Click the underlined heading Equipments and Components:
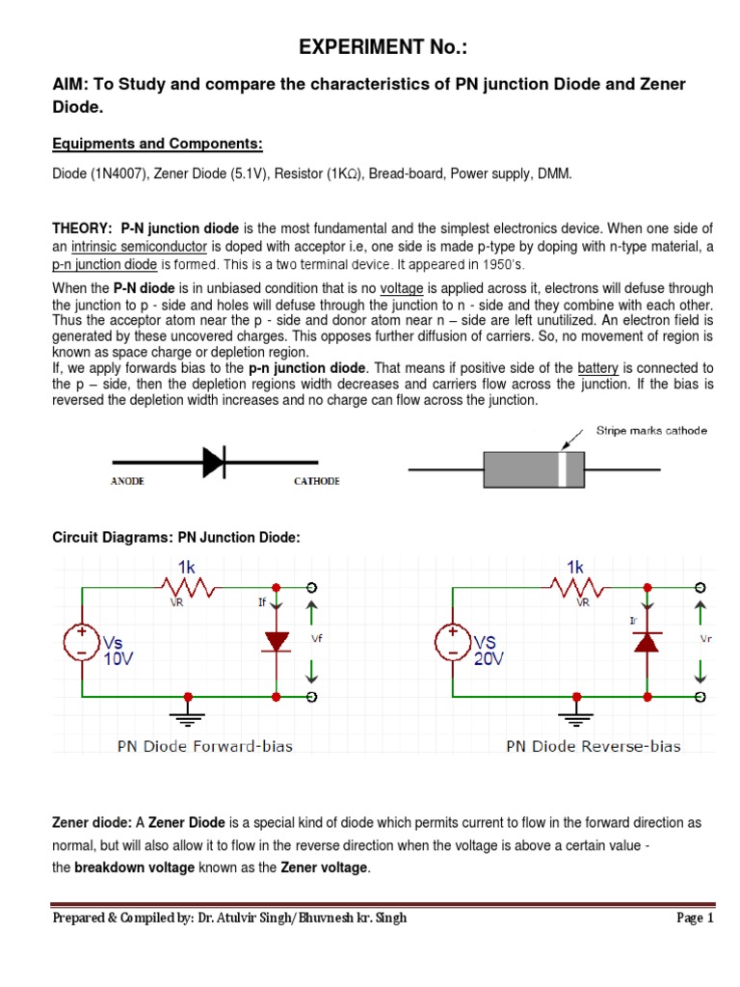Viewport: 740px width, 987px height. [157, 145]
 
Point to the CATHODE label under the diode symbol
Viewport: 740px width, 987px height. [316, 481]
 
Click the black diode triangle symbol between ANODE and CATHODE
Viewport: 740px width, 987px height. [214, 463]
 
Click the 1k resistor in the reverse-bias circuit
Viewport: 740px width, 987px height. [575, 586]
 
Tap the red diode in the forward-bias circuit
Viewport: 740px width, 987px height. [277, 640]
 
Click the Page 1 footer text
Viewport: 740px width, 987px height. [695, 919]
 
